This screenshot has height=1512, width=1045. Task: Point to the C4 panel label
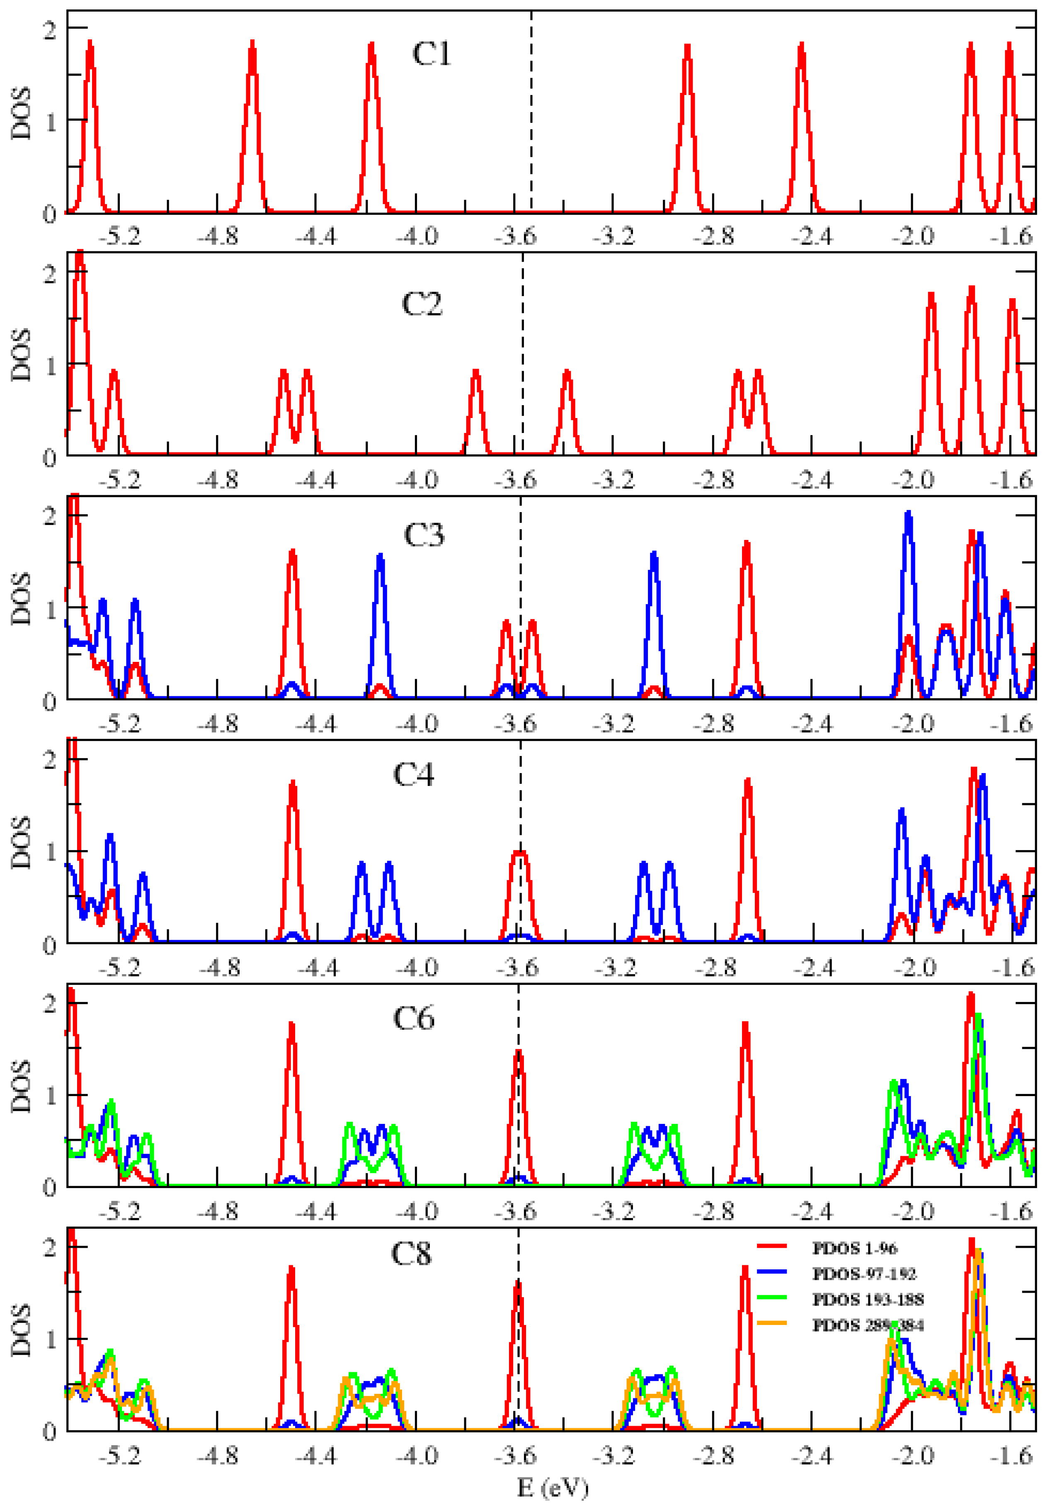coord(413,775)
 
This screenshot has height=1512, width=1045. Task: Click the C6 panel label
coord(413,1019)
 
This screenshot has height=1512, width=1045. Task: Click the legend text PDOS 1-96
coord(854,1249)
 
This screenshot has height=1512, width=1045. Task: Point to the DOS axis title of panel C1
coord(21,113)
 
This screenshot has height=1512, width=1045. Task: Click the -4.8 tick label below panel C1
coord(218,236)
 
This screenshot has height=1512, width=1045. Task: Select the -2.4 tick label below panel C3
coord(812,724)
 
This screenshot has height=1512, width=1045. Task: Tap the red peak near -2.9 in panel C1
coord(687,47)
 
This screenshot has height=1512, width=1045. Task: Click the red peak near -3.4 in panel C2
coord(567,373)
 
